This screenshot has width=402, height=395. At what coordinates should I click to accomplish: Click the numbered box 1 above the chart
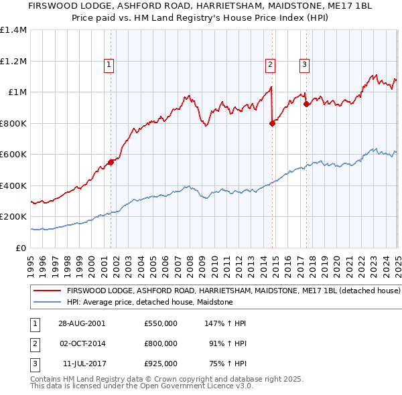pyautogui.click(x=109, y=65)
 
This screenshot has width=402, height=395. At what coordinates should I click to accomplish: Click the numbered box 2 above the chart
pyautogui.click(x=270, y=65)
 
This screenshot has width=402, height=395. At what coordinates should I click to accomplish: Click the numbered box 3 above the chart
pyautogui.click(x=304, y=65)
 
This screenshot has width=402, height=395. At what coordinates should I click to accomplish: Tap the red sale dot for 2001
pyautogui.click(x=111, y=162)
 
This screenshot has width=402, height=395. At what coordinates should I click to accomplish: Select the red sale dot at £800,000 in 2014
pyautogui.click(x=273, y=123)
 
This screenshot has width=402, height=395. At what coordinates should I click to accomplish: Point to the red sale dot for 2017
pyautogui.click(x=306, y=104)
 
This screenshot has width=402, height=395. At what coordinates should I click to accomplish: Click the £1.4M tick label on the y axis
pyautogui.click(x=13, y=30)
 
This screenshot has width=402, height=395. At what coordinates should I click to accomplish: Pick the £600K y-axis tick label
pyautogui.click(x=13, y=154)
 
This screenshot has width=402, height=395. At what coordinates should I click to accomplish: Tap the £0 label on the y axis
pyautogui.click(x=21, y=248)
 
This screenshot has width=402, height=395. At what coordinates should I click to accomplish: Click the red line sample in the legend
pyautogui.click(x=47, y=292)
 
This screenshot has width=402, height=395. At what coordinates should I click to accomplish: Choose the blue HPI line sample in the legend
pyautogui.click(x=47, y=302)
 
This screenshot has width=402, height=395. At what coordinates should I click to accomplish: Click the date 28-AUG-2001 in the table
pyautogui.click(x=82, y=323)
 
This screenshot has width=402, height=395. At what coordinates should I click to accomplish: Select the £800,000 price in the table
pyautogui.click(x=161, y=343)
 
